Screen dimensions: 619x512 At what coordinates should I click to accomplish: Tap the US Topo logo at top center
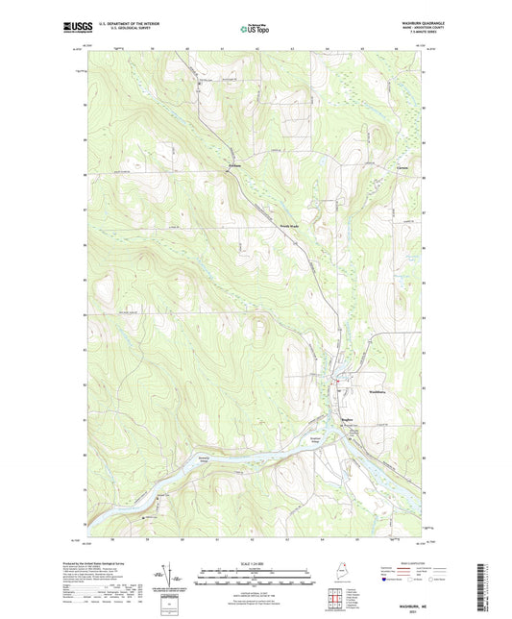point(255,29)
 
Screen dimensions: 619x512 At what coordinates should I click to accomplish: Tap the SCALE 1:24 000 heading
point(256,564)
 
